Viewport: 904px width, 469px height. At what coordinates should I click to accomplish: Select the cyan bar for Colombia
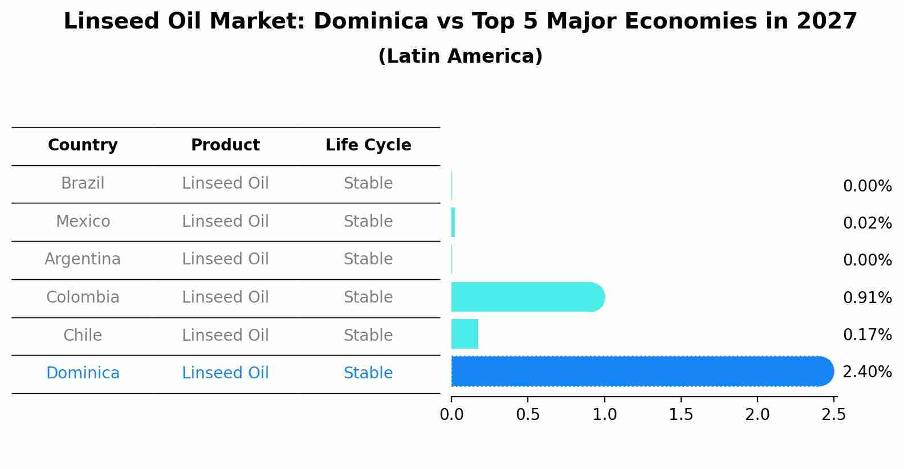(x=527, y=297)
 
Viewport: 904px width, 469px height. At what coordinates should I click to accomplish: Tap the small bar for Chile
(x=465, y=334)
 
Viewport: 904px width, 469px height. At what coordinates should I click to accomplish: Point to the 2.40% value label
(x=867, y=372)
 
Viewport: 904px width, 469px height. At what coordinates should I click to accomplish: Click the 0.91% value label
(x=867, y=297)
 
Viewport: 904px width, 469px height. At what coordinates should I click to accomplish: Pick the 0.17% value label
(x=867, y=335)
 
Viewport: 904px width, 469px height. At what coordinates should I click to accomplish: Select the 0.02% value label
(x=867, y=223)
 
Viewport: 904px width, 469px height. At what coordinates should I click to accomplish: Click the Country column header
(x=83, y=145)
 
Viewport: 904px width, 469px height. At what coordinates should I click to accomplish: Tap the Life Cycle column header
(x=368, y=145)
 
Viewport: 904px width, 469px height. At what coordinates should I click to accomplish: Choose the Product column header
(x=225, y=145)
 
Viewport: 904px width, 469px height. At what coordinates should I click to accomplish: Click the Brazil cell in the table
(x=83, y=183)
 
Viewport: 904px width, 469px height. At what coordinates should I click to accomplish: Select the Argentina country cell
(x=83, y=259)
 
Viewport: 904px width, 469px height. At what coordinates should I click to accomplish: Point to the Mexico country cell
(x=83, y=221)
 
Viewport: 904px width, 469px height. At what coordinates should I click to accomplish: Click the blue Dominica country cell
(x=83, y=373)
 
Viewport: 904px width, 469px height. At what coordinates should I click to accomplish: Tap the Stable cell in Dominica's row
(x=368, y=373)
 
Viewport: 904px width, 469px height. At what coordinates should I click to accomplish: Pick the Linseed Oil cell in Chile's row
(x=225, y=335)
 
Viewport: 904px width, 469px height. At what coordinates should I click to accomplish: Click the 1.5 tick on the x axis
(x=681, y=415)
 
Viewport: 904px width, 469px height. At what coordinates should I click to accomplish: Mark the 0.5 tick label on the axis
(x=528, y=415)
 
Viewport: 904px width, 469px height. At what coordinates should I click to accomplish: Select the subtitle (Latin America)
(x=460, y=56)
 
